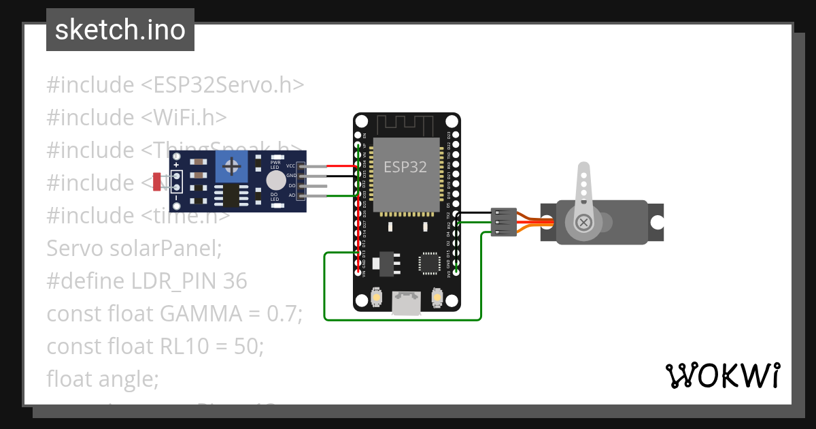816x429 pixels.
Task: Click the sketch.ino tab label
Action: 120,30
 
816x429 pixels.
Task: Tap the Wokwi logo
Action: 722,375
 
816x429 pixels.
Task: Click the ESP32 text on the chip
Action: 405,167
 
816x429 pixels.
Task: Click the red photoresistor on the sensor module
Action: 157,182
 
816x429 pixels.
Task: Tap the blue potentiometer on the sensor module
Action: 232,166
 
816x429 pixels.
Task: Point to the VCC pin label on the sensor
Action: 290,166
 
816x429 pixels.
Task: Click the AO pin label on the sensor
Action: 292,195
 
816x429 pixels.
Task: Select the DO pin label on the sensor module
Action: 292,185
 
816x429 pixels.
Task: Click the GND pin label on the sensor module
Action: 291,176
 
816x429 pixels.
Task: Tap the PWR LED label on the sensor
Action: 275,163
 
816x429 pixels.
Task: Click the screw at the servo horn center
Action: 583,222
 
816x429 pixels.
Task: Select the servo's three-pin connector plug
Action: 504,222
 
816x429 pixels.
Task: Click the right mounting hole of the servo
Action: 656,222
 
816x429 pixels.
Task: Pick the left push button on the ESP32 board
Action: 377,298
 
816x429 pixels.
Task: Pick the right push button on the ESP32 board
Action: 437,298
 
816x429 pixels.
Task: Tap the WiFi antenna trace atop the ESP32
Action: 405,125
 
